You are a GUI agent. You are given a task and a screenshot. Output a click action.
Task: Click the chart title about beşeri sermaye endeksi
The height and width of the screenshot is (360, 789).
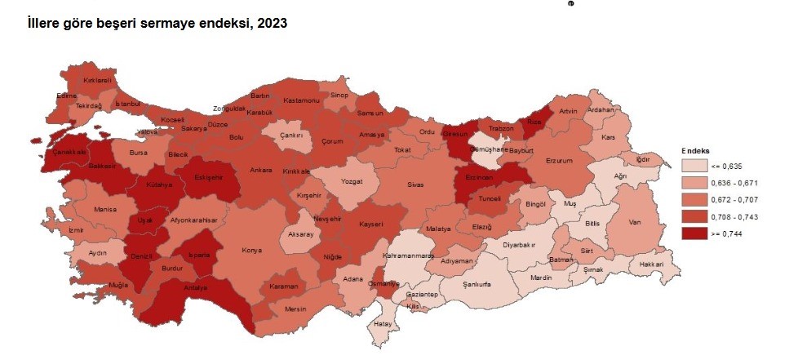157,24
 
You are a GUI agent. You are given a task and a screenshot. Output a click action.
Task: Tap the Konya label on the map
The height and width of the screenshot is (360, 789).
251,251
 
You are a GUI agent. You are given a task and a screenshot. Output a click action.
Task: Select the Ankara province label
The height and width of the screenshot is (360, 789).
261,170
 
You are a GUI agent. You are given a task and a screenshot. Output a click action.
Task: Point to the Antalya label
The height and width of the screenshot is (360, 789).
194,287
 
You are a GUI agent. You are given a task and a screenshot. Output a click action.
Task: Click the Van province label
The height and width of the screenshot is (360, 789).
635,221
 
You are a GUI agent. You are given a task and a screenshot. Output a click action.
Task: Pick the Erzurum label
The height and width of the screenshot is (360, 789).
560,161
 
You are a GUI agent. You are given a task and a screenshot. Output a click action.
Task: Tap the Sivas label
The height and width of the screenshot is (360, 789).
415,184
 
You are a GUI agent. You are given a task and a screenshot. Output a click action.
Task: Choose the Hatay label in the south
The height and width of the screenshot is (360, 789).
383,323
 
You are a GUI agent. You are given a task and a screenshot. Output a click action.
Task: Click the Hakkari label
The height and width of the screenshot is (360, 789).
652,264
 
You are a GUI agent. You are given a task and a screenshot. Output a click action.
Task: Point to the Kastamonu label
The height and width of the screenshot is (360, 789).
300,100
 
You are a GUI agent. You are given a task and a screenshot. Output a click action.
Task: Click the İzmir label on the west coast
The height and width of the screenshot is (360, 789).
76,230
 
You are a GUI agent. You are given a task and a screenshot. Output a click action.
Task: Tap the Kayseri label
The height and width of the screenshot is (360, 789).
370,223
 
